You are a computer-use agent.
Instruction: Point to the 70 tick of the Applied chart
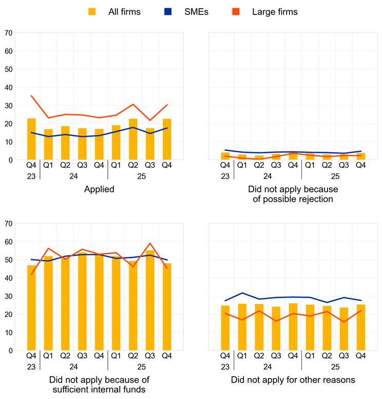(x=8, y=33)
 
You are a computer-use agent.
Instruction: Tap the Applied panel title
(x=99, y=189)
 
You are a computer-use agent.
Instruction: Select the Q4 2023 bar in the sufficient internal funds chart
(x=31, y=308)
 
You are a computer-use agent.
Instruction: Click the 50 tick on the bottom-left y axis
(x=8, y=260)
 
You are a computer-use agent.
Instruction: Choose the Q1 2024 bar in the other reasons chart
(x=242, y=327)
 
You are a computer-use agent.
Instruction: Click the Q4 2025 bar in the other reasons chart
(x=361, y=328)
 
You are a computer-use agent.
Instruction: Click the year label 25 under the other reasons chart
(x=335, y=366)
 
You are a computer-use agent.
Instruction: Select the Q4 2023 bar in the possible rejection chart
(x=225, y=156)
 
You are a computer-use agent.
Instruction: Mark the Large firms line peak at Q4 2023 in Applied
(x=31, y=96)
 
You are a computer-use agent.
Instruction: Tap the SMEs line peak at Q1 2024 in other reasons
(x=242, y=293)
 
